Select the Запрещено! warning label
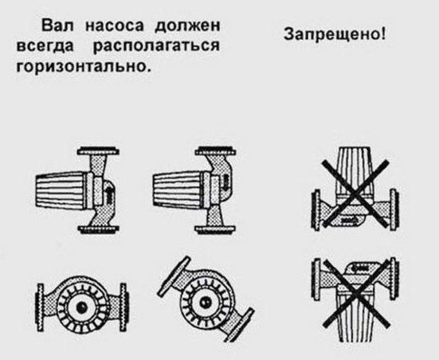click(335, 35)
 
